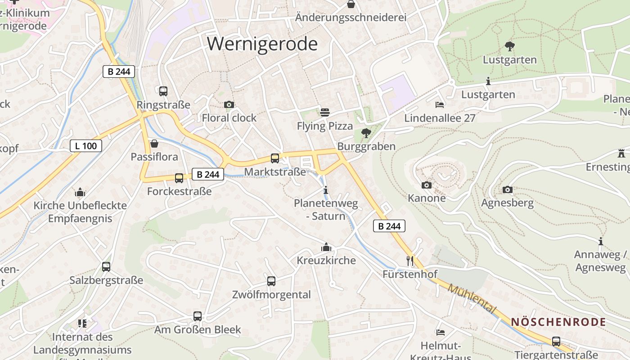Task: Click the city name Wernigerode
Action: (262, 44)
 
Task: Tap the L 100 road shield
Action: (86, 146)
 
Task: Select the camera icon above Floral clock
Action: (229, 105)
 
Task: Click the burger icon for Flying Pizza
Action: (325, 112)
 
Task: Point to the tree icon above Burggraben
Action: (366, 133)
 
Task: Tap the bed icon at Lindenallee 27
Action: (440, 105)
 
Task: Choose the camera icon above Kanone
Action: (427, 185)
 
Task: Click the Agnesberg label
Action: (507, 202)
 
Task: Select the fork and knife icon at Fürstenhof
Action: (409, 261)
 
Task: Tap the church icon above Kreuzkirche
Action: (326, 247)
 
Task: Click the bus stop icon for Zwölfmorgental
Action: (271, 281)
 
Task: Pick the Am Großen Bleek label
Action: (198, 329)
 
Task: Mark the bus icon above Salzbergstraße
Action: (106, 267)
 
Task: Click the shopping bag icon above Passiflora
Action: (154, 144)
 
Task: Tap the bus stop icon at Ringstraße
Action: (163, 91)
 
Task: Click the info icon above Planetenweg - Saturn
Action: (326, 190)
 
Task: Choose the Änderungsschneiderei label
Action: (351, 18)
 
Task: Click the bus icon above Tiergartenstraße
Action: (556, 342)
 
